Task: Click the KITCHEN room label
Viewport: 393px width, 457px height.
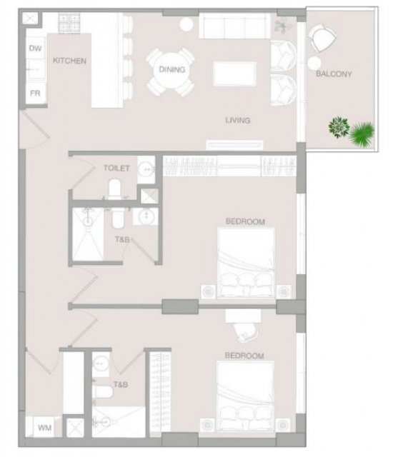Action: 70,61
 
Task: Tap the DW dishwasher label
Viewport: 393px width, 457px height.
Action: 35,49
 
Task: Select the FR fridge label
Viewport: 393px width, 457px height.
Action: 35,94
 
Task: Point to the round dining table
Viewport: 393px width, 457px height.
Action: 171,71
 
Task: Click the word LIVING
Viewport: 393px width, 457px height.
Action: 238,120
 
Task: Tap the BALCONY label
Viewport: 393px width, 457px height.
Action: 334,74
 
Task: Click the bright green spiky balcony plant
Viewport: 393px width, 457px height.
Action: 362,134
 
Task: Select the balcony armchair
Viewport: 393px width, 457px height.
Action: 322,37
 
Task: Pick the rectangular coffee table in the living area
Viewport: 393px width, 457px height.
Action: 234,74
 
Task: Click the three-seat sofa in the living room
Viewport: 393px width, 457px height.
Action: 234,26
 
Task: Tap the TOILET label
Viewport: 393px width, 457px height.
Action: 116,169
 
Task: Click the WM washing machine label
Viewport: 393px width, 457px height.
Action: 44,428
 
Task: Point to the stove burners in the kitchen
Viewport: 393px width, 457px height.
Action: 69,23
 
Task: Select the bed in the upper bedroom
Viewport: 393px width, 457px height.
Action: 246,263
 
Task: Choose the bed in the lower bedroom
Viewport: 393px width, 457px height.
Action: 245,396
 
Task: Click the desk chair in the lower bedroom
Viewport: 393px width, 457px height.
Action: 246,332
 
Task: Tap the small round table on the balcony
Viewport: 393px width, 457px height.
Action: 314,63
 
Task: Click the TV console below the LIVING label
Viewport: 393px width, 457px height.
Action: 234,145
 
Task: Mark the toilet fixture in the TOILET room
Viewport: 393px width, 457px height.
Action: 114,189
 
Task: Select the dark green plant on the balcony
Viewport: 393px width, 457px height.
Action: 339,127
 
